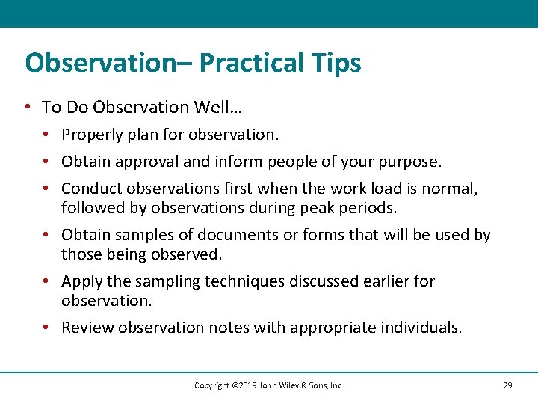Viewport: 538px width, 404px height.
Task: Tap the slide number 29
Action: pos(507,385)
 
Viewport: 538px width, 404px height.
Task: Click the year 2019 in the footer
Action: pos(244,385)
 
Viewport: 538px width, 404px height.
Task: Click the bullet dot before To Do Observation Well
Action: pos(28,108)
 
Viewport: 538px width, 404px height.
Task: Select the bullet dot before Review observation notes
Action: pos(46,328)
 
